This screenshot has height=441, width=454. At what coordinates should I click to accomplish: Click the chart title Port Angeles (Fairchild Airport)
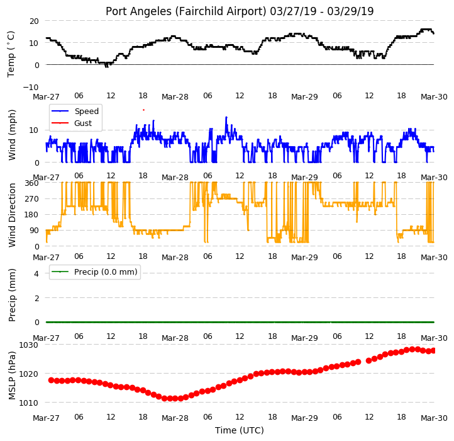pos(185,11)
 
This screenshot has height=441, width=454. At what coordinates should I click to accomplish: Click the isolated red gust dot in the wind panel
pos(143,110)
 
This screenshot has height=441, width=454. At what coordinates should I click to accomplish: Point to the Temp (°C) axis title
pos(11,54)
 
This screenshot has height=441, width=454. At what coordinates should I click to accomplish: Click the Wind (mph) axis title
pos(11,135)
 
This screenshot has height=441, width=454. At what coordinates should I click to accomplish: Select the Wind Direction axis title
pos(11,215)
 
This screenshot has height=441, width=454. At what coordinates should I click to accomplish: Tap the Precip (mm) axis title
pos(11,295)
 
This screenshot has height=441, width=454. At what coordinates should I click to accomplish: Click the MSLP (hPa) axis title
pos(11,375)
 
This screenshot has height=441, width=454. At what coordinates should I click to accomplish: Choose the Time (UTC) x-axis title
pos(240,430)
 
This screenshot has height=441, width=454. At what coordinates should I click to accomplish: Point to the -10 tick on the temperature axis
pos(31,87)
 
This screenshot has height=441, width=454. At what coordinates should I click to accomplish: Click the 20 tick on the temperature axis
pos(34,21)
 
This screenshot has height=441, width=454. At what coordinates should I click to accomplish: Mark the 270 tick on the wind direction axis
pos(32,199)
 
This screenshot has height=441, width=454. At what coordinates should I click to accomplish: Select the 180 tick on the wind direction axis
pos(32,215)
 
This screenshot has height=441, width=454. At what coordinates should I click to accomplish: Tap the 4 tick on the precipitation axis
pos(36,273)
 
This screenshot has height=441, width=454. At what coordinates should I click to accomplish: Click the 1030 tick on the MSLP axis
pos(29,345)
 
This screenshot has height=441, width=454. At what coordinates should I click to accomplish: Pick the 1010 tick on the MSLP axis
pos(29,403)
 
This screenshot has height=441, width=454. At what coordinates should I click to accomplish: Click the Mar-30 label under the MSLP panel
pos(434,418)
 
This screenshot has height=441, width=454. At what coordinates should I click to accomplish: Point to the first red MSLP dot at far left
pos(52,380)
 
